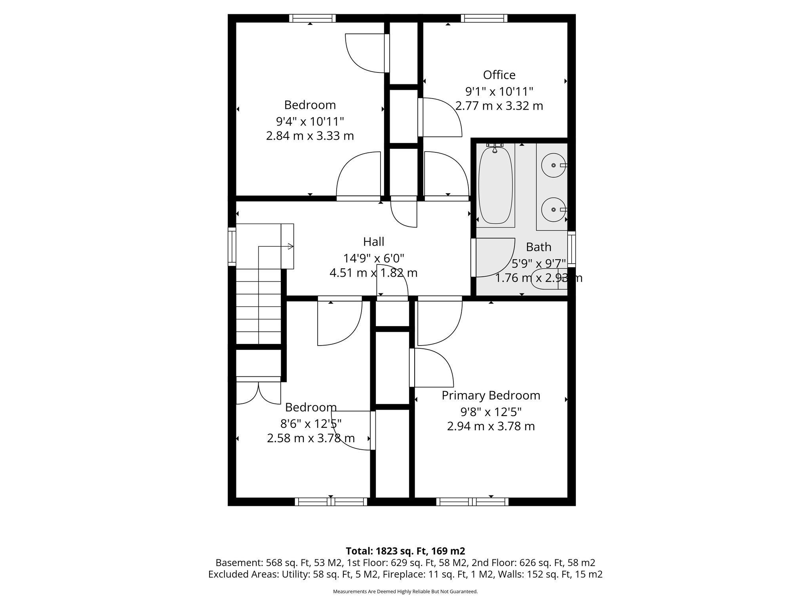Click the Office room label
pos(499,75)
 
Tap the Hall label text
pos(373,241)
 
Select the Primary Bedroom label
pos(491,395)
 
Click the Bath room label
pos(539,247)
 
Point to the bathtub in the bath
pos(495,185)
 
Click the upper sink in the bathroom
pos(553,165)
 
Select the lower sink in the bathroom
pos(553,209)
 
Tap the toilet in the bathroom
pos(549,279)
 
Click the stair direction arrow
pos(290,247)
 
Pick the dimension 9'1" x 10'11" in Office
pos(499,92)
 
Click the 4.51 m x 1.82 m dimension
pos(373,273)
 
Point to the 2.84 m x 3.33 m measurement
pos(310,136)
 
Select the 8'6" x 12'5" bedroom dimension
pos(311,424)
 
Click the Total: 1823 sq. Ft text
pos(405,551)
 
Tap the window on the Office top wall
pos(484,18)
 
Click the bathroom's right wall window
pos(571,249)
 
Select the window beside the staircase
pos(232,247)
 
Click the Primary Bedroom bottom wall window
pos(472,502)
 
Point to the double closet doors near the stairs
pos(258,393)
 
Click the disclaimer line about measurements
pos(405,592)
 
